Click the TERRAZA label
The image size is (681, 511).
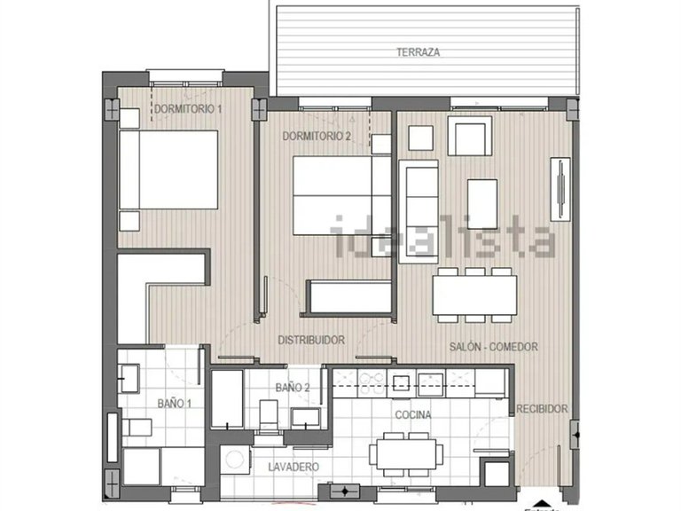point(418,52)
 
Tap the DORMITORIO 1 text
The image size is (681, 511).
point(188,109)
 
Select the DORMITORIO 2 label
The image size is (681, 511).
point(317,137)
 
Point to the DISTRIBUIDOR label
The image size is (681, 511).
point(310,340)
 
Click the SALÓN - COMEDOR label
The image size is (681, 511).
point(492,347)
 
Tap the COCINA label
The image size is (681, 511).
point(413,414)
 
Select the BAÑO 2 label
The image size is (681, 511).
point(292,388)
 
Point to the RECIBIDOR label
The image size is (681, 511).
point(542,409)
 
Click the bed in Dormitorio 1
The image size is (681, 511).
point(168,169)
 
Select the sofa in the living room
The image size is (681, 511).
point(419,211)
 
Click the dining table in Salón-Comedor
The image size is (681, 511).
point(475,295)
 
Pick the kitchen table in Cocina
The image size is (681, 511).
point(407,453)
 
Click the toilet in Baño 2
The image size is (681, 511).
point(269,414)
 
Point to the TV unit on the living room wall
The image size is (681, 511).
point(560,189)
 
